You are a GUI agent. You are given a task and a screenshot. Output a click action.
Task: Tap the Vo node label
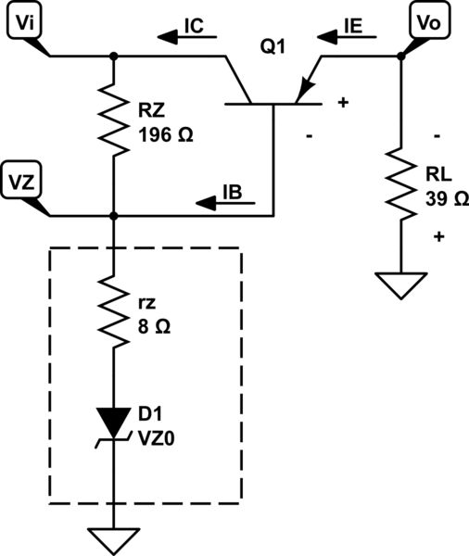pyautogui.click(x=429, y=24)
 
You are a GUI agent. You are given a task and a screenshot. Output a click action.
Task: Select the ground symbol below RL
pyautogui.click(x=400, y=284)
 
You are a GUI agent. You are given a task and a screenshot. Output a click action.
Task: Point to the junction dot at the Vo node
pyautogui.click(x=400, y=57)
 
